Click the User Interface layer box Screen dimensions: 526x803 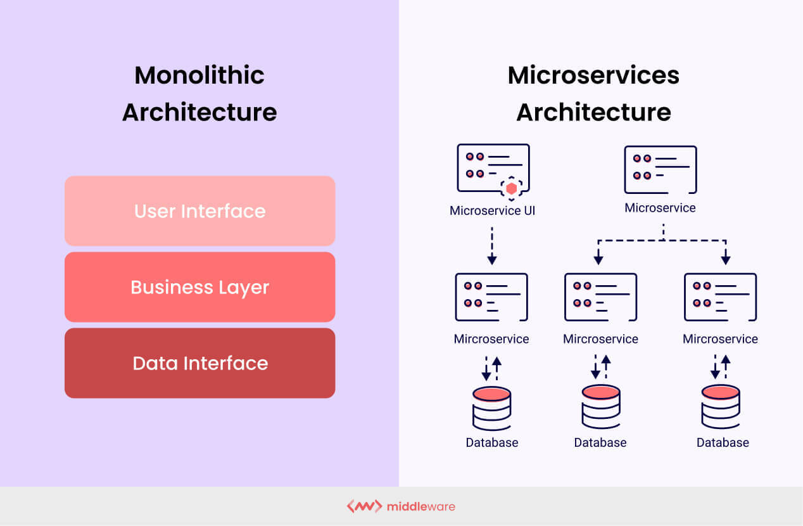click(x=199, y=211)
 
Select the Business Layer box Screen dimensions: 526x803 click(x=199, y=287)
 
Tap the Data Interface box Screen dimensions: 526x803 click(x=199, y=363)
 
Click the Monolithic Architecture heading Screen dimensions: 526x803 click(x=199, y=93)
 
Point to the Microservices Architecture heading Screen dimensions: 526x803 click(x=593, y=93)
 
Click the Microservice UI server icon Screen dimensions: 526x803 click(x=493, y=168)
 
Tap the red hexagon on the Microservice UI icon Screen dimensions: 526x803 click(x=512, y=188)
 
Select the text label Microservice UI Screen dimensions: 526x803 click(x=492, y=210)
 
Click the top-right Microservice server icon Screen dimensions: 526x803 click(x=660, y=169)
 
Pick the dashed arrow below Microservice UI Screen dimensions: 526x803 click(x=492, y=245)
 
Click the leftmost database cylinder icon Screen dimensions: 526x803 click(x=491, y=408)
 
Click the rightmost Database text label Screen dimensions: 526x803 click(x=723, y=442)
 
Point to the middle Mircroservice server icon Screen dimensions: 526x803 click(x=600, y=297)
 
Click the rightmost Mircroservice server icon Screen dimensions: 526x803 click(x=720, y=297)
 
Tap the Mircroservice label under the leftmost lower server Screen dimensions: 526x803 click(x=491, y=339)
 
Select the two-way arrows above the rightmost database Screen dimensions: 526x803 click(x=721, y=367)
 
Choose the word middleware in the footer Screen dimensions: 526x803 click(x=421, y=506)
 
